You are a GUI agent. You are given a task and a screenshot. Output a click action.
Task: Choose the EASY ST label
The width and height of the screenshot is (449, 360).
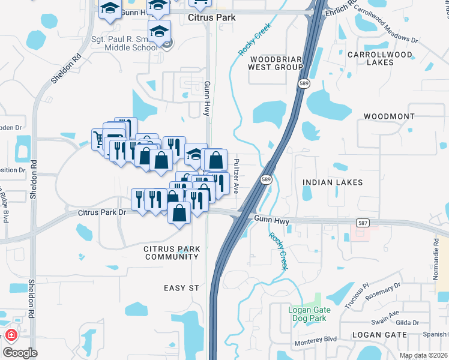(x=181, y=288)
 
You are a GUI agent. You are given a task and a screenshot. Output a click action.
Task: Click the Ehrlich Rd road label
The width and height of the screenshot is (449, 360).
(x=333, y=11)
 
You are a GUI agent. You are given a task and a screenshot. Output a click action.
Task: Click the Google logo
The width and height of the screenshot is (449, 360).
(x=19, y=353)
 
